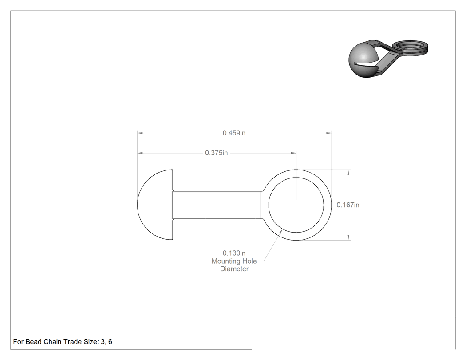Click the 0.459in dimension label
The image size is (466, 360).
coord(234,133)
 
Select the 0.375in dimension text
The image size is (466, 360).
coord(217,153)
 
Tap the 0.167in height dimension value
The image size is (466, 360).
coord(348,205)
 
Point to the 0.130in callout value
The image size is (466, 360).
coord(234,253)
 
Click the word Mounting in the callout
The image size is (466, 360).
coord(225,261)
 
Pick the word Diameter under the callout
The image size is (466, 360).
coord(234,269)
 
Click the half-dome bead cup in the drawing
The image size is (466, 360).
coord(155,205)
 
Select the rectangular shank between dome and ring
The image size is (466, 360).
coord(217,205)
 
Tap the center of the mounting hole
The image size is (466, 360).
coord(296,205)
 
